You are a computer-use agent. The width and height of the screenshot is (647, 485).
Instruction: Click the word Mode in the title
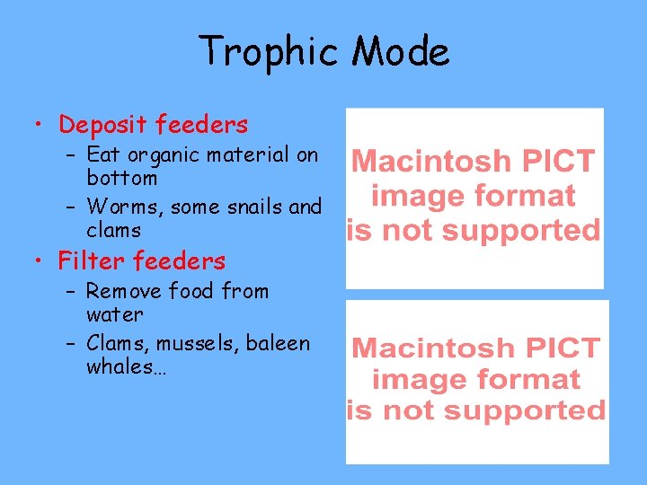click(x=401, y=52)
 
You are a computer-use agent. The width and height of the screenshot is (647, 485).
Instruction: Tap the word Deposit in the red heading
click(x=103, y=124)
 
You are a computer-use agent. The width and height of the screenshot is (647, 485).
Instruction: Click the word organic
click(x=162, y=156)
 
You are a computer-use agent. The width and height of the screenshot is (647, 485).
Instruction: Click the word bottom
click(x=121, y=178)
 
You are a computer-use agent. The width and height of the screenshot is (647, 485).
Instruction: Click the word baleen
click(x=278, y=343)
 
